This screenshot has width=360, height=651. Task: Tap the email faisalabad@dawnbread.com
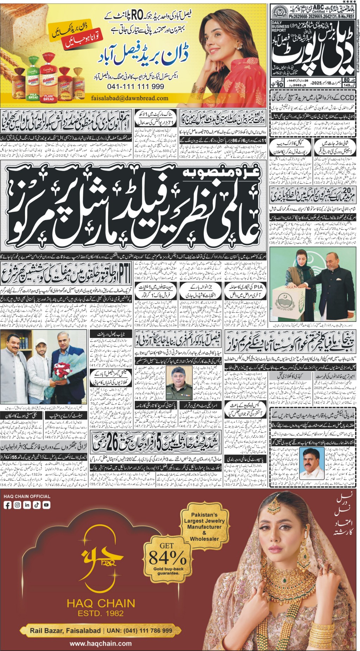[x=130, y=98]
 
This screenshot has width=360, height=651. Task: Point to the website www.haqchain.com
[x=101, y=643]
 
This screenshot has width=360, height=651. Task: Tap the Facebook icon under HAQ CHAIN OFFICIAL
[x=7, y=505]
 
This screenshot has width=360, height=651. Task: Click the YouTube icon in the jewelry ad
[x=46, y=505]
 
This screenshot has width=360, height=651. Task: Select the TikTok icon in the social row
[x=37, y=505]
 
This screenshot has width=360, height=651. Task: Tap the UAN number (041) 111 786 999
[x=144, y=631]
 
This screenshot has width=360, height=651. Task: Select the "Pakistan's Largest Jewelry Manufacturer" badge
[x=204, y=526]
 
